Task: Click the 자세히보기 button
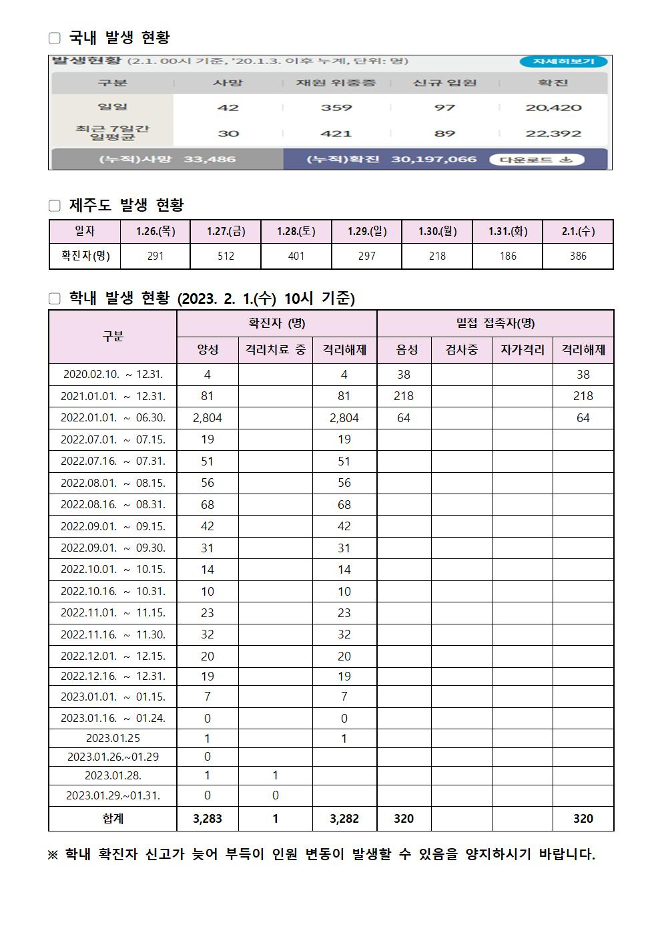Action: click(x=563, y=61)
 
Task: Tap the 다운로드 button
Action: click(x=536, y=160)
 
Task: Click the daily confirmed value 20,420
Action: click(x=553, y=108)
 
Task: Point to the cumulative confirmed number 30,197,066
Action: click(x=434, y=160)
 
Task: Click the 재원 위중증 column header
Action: click(x=336, y=83)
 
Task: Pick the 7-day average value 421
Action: click(x=336, y=134)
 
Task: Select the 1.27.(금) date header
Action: click(x=226, y=231)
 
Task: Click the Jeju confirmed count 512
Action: click(x=226, y=256)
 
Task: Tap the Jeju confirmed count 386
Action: click(x=578, y=256)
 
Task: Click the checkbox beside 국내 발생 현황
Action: click(x=55, y=38)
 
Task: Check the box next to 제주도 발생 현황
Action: click(x=55, y=206)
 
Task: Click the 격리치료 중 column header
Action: click(x=275, y=350)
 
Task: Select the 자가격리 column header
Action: click(x=522, y=350)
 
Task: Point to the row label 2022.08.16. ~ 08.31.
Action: click(x=113, y=504)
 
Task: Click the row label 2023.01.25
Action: click(x=113, y=738)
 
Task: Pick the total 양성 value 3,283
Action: click(x=207, y=819)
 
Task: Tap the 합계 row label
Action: click(x=113, y=819)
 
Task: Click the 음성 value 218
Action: click(x=404, y=396)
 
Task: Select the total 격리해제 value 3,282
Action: click(x=344, y=819)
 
